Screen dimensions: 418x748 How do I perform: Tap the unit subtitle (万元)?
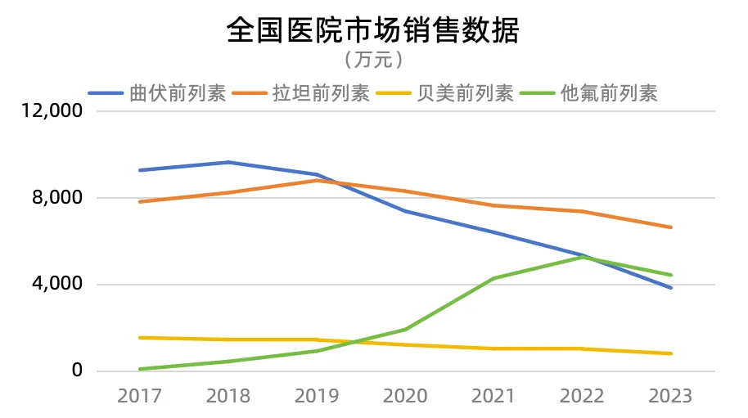coord(373,60)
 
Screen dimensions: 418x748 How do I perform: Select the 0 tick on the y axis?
coord(78,371)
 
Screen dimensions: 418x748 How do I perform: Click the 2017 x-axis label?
coord(139,396)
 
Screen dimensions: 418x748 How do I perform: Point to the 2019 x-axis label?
coord(317,396)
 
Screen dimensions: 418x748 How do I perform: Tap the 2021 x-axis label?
coord(493,396)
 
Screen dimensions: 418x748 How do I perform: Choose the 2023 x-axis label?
coord(670,396)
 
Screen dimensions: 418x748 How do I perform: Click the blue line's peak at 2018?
coord(228,162)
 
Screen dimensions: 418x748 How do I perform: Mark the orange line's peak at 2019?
coord(317,180)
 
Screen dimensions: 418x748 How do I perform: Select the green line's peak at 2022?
coord(582,257)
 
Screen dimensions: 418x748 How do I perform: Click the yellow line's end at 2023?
coord(671,353)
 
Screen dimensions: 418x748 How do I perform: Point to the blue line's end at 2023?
coord(671,288)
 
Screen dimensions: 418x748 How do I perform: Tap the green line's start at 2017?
coord(140,369)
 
